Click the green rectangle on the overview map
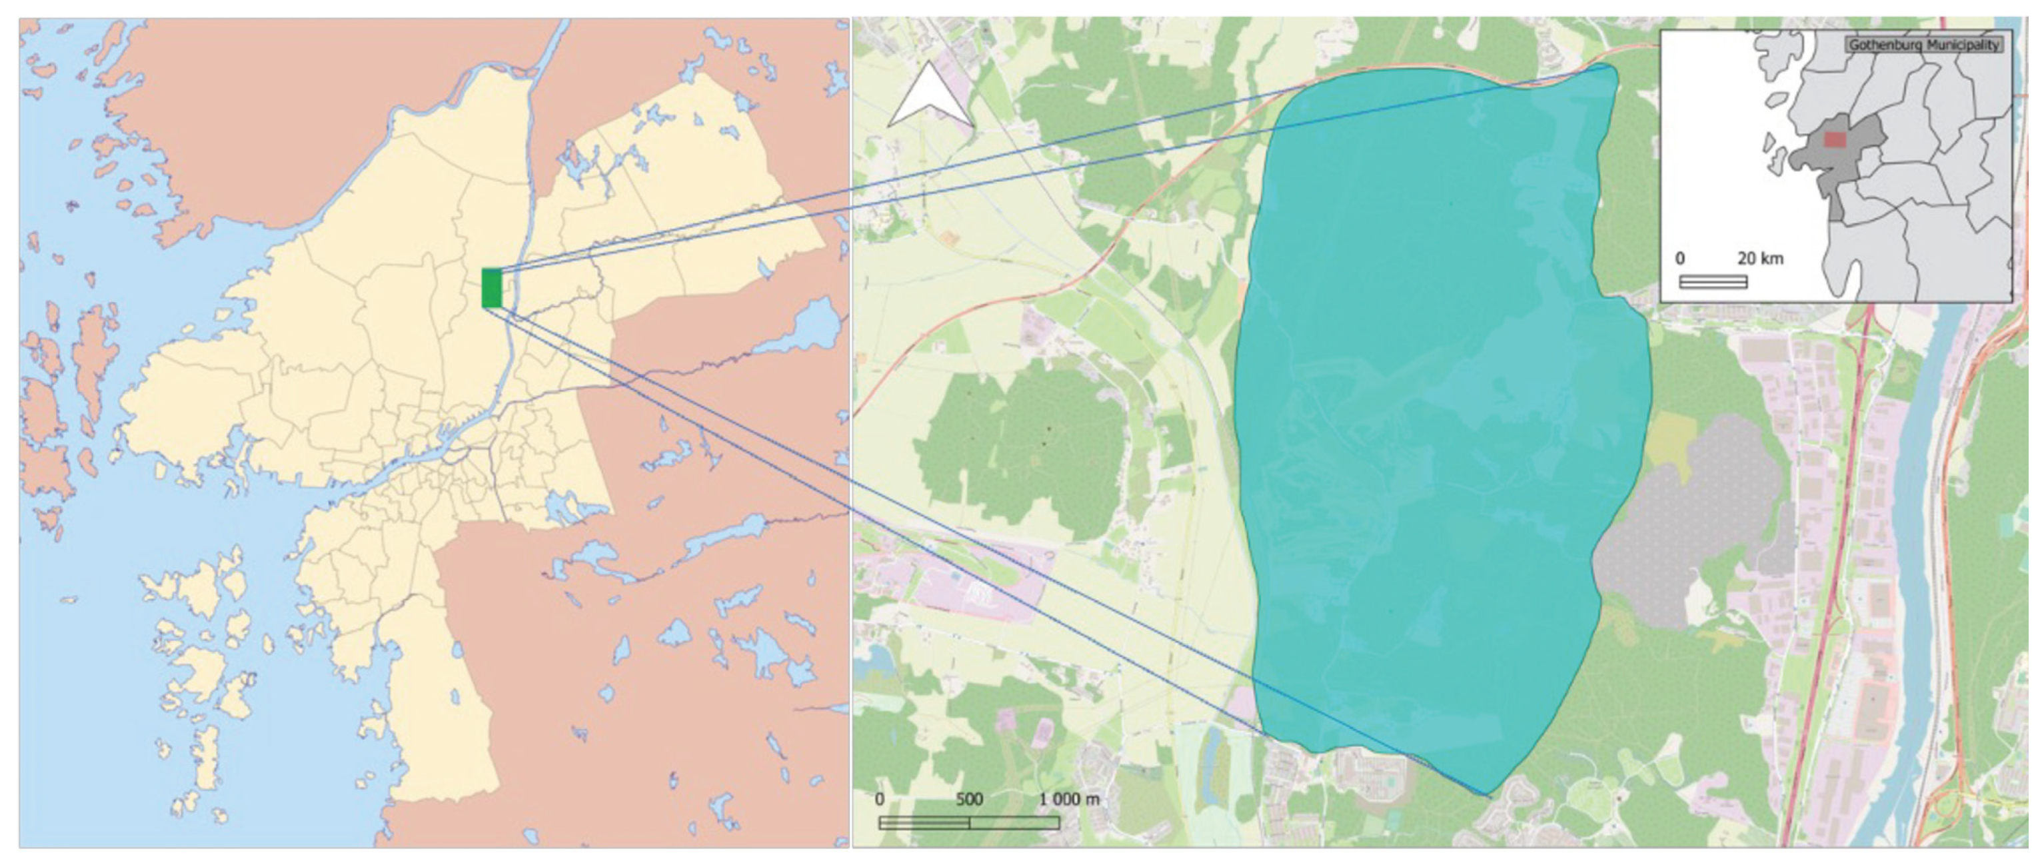point(491,288)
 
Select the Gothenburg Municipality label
point(1923,45)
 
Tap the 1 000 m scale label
point(1070,799)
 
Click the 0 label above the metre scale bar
point(880,799)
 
